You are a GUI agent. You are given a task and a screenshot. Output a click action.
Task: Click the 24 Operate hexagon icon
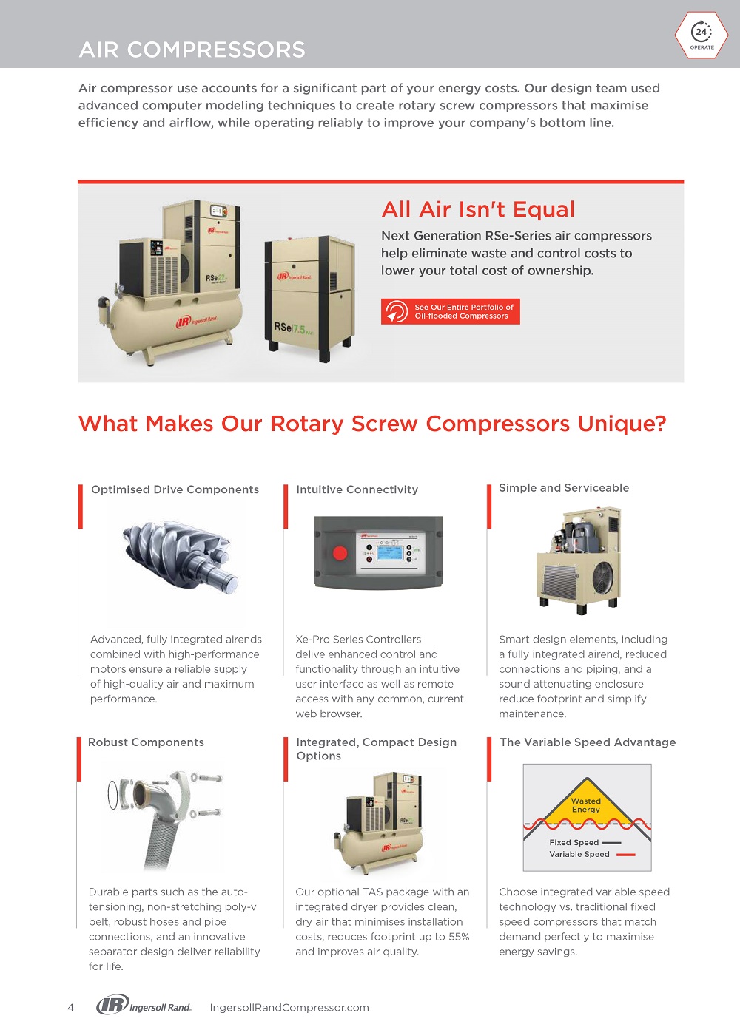click(x=702, y=35)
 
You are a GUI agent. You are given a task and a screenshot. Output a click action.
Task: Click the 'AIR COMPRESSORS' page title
click(x=192, y=50)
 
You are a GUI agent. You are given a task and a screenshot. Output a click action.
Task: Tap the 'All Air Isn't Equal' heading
click(x=477, y=209)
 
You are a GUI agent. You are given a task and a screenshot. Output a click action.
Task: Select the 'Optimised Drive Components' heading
click(x=175, y=489)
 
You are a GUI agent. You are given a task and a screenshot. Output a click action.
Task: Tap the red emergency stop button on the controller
click(x=340, y=553)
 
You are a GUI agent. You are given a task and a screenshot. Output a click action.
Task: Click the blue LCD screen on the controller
click(x=389, y=553)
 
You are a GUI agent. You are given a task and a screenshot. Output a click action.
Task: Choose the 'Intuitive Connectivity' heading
click(x=357, y=489)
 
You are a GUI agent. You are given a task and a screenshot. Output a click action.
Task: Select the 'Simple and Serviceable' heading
click(x=564, y=488)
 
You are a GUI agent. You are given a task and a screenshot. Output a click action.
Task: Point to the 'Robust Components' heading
click(x=146, y=742)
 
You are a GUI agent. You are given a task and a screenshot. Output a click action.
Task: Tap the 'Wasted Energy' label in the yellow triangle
click(x=586, y=805)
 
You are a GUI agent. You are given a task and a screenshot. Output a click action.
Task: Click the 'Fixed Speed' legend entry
click(x=585, y=843)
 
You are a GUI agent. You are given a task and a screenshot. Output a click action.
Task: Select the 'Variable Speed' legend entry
click(x=592, y=854)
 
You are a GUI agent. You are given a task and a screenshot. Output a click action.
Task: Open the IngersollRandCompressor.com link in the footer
click(x=289, y=1007)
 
